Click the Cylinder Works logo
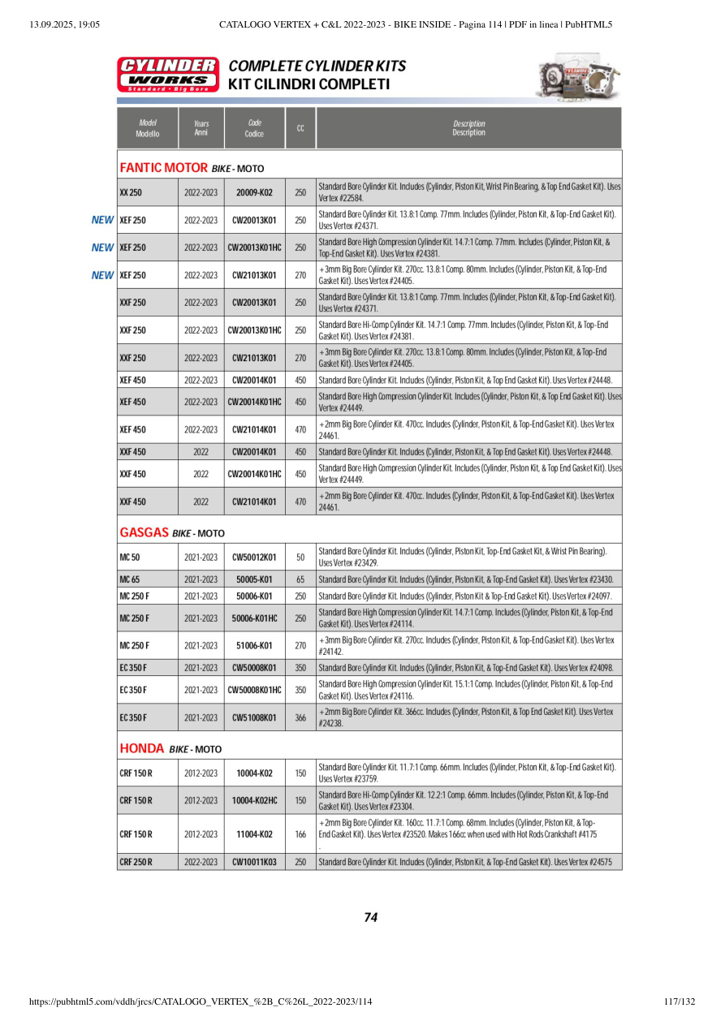click(x=168, y=74)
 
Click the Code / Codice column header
click(x=254, y=128)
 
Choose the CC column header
click(x=300, y=128)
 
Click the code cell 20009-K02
click(x=254, y=192)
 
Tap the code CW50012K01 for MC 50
click(x=254, y=558)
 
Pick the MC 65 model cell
click(x=130, y=579)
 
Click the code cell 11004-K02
click(x=254, y=833)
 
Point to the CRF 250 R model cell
click(x=136, y=862)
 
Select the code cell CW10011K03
click(x=254, y=862)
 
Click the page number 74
click(x=370, y=917)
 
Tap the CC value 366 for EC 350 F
click(x=300, y=717)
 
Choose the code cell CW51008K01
click(x=254, y=717)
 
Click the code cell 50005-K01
click(x=254, y=579)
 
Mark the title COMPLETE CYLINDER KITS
click(x=317, y=66)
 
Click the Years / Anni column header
click(x=201, y=128)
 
